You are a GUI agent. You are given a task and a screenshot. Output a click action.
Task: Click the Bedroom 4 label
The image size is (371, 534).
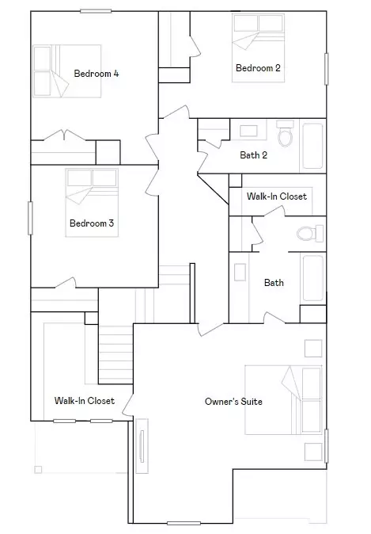[97, 74]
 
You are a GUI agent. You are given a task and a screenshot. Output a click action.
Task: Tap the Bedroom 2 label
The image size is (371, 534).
[258, 68]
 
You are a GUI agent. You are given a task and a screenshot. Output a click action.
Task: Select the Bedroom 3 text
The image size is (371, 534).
[92, 223]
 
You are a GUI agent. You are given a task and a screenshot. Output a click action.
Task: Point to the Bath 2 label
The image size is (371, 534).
[253, 154]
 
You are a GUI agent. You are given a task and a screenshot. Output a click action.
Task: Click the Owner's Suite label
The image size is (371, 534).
[233, 402]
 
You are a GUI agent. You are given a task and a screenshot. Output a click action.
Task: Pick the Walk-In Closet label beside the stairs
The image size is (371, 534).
[84, 401]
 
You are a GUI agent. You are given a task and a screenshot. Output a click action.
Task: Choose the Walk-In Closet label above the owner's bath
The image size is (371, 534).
[276, 196]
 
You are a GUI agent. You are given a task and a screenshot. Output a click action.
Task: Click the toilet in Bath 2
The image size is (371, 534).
[285, 136]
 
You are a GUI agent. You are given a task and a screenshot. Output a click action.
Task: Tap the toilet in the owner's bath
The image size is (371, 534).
[307, 234]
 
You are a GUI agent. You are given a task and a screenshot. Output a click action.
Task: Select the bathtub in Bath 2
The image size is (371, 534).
[313, 144]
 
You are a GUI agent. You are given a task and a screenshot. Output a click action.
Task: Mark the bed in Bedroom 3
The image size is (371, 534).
[92, 188]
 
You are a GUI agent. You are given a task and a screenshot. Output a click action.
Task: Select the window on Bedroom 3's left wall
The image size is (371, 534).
[31, 218]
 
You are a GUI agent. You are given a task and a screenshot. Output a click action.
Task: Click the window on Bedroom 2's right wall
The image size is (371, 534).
[326, 69]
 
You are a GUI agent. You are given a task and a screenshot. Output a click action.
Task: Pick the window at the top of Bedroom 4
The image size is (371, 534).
[95, 11]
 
